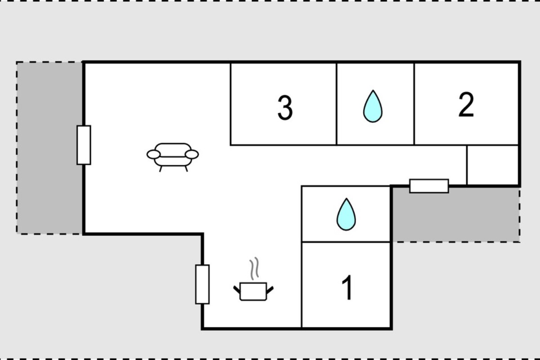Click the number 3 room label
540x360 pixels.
click(x=285, y=108)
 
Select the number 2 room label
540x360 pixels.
click(x=466, y=105)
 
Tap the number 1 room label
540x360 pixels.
click(x=347, y=288)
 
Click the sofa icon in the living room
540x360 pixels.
click(x=173, y=157)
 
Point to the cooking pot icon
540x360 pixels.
click(x=253, y=291)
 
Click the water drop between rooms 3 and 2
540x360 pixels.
click(x=373, y=106)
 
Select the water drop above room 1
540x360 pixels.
click(x=346, y=214)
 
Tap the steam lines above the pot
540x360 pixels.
click(x=254, y=269)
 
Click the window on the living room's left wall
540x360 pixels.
click(x=84, y=145)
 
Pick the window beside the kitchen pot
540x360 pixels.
click(x=202, y=284)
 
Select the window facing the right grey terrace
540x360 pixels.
click(x=429, y=186)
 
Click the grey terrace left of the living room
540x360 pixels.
click(x=49, y=148)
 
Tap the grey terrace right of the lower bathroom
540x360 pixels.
click(x=455, y=215)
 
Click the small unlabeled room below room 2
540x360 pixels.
click(x=492, y=165)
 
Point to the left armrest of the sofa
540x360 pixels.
click(x=153, y=154)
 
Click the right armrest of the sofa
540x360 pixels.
click(x=192, y=154)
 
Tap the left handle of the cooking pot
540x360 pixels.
click(x=237, y=289)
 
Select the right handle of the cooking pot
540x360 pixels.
click(x=270, y=289)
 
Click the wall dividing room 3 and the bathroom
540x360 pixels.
click(x=337, y=104)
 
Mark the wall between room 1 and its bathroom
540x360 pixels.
click(x=346, y=242)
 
